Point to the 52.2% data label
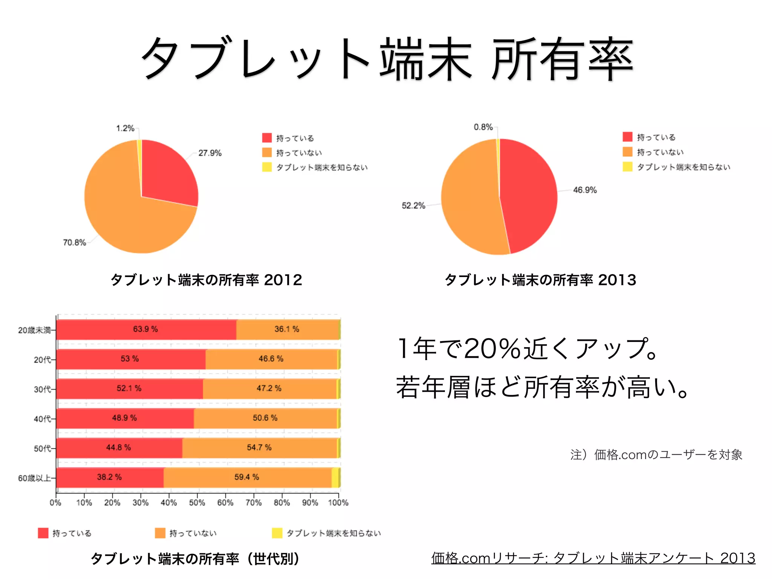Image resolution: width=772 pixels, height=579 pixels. (413, 206)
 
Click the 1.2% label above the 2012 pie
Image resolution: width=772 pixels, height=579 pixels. (125, 129)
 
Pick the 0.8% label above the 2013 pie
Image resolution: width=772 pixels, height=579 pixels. (483, 127)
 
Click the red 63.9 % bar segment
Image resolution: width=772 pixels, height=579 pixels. (146, 329)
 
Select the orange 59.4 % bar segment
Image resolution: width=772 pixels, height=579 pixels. (247, 477)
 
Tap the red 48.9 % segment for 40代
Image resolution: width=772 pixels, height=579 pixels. (124, 418)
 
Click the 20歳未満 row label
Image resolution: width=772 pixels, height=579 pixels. (34, 330)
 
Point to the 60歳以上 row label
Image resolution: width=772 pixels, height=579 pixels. (34, 478)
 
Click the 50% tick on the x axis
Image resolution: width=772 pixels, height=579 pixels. (197, 502)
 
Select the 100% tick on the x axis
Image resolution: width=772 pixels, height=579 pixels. (338, 502)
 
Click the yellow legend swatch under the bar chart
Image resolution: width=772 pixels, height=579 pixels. (277, 533)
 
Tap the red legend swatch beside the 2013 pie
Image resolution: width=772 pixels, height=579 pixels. (627, 137)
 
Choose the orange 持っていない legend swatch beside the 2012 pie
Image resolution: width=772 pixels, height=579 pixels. (267, 152)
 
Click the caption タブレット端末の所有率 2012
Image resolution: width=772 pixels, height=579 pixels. (206, 280)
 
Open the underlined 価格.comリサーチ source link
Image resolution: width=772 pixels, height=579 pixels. (593, 558)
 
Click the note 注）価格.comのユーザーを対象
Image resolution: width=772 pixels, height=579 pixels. (656, 455)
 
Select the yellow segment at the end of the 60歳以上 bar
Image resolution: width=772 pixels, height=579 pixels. (335, 477)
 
